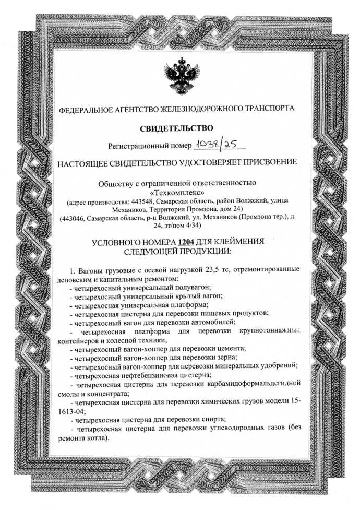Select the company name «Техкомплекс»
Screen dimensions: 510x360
click(x=179, y=192)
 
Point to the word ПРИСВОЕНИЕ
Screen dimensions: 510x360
click(x=273, y=162)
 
